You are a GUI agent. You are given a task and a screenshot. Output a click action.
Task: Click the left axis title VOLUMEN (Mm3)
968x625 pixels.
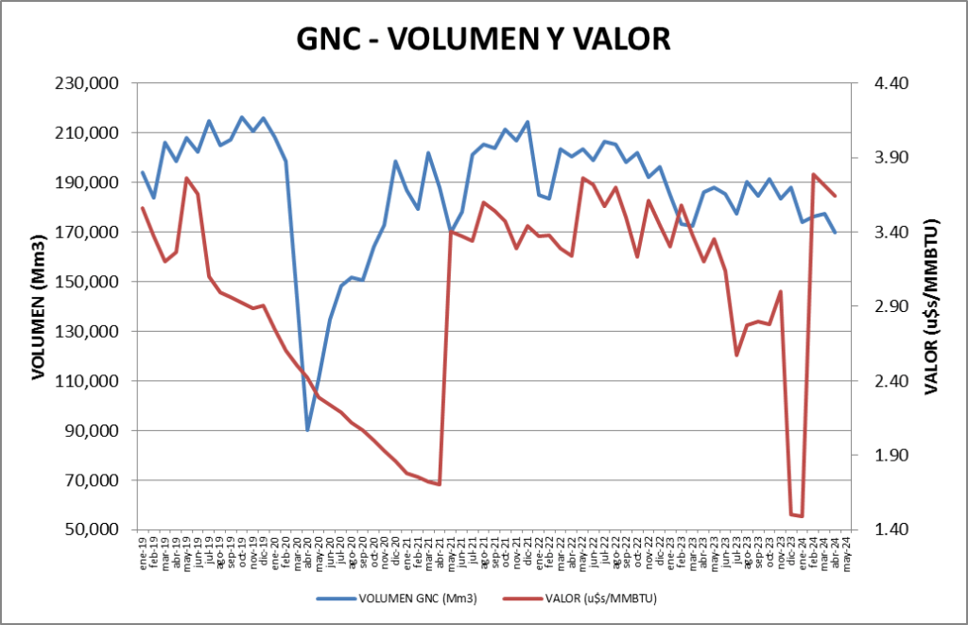point(39,306)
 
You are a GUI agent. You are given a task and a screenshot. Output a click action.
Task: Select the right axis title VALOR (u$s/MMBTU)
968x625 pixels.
point(931,306)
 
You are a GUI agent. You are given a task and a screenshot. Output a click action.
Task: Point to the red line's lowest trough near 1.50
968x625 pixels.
point(802,516)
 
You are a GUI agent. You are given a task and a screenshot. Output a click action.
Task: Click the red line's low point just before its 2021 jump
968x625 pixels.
point(440,484)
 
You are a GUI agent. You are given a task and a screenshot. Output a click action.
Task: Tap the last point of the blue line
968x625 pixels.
point(835,233)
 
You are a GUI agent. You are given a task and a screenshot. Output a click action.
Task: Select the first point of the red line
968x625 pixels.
point(143,208)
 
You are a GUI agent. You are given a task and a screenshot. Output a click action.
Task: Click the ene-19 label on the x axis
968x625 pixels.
point(143,548)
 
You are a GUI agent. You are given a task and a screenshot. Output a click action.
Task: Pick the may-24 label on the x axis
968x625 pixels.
point(846,549)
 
